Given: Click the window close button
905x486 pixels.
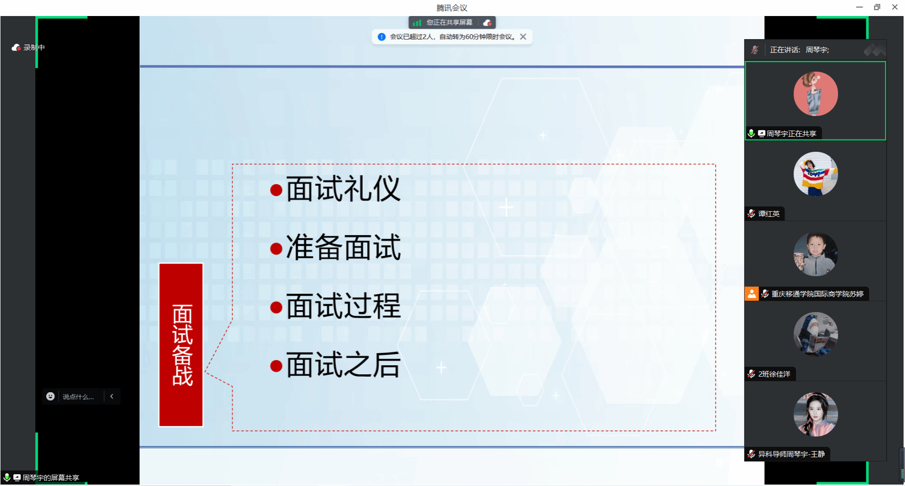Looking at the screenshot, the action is click(x=895, y=7).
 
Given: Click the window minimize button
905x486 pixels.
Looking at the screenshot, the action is click(x=859, y=7).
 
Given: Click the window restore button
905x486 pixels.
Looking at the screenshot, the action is click(x=877, y=7).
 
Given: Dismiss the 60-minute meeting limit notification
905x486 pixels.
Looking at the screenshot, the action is click(x=523, y=37).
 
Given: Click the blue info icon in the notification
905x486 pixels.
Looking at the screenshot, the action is click(x=382, y=37).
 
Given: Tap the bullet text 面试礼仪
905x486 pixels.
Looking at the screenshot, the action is click(x=344, y=189).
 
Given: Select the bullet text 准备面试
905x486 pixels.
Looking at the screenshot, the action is click(x=344, y=247).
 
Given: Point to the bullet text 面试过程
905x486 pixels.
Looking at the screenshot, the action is click(x=344, y=306).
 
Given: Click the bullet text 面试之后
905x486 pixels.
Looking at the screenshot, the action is click(x=344, y=364).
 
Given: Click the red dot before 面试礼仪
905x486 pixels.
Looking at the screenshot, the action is click(x=276, y=190).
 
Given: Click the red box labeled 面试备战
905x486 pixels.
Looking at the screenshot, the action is click(x=181, y=345).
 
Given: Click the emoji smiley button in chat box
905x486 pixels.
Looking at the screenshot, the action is click(x=50, y=396).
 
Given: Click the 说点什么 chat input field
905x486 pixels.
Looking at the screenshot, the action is click(x=78, y=397).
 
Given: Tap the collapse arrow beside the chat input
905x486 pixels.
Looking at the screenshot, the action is click(x=112, y=396).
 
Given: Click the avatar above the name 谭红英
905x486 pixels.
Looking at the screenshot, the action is click(x=815, y=174).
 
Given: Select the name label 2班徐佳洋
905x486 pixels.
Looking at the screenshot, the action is click(x=774, y=374).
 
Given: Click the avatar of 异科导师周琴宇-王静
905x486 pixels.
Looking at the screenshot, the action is click(x=815, y=414).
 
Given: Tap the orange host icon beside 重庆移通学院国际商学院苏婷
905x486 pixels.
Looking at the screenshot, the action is click(x=752, y=294).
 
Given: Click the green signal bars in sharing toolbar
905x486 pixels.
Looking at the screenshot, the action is click(x=417, y=23).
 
